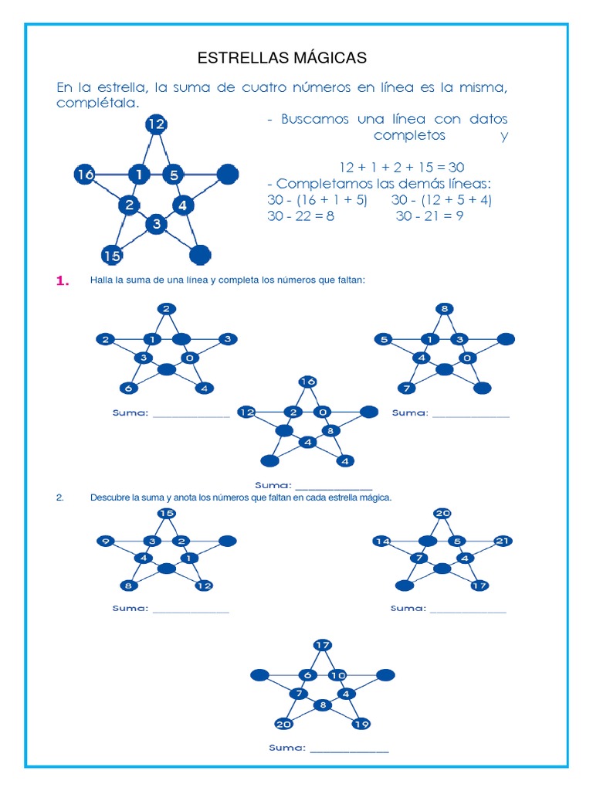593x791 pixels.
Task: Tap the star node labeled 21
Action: pyautogui.click(x=503, y=541)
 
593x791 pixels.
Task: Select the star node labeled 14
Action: pyautogui.click(x=381, y=541)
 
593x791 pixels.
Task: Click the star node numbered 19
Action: pyautogui.click(x=360, y=724)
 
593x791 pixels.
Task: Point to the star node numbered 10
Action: pyautogui.click(x=338, y=675)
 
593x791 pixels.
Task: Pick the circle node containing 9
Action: pyautogui.click(x=107, y=541)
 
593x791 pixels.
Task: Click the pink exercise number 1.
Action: pyautogui.click(x=63, y=282)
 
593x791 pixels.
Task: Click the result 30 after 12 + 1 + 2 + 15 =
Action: pyautogui.click(x=456, y=168)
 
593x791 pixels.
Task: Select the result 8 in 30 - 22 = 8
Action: pyautogui.click(x=330, y=216)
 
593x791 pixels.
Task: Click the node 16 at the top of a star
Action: pyautogui.click(x=307, y=382)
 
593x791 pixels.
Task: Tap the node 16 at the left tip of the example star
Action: pyautogui.click(x=85, y=175)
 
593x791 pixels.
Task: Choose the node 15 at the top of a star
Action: pyautogui.click(x=166, y=513)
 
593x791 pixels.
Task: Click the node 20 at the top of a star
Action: pyautogui.click(x=442, y=513)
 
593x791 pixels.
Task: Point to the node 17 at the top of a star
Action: pyautogui.click(x=323, y=645)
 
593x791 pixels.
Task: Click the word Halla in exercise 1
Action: pyautogui.click(x=102, y=280)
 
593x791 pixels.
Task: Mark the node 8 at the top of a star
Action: pyautogui.click(x=444, y=309)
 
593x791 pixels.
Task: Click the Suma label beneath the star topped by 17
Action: pyautogui.click(x=286, y=748)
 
